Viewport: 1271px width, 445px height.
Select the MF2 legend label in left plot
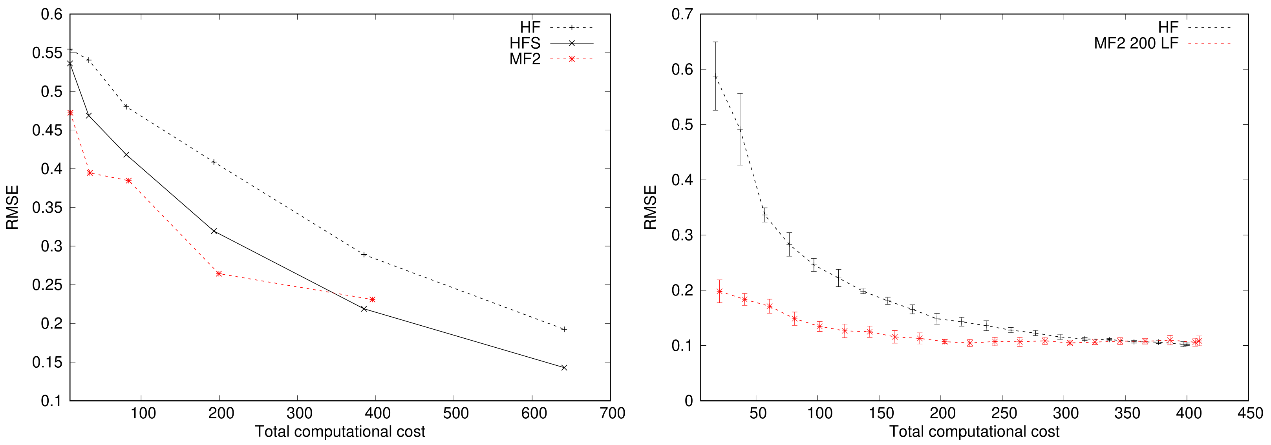tap(525, 59)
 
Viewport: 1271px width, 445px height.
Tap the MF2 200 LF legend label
tap(1136, 44)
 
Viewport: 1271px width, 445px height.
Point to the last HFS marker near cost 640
tap(564, 368)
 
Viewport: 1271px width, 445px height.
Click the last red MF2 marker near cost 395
tap(373, 299)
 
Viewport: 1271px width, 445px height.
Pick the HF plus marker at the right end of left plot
tap(564, 329)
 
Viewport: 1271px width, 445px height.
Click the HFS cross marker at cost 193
tap(214, 231)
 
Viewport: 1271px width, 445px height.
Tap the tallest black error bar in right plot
tap(715, 76)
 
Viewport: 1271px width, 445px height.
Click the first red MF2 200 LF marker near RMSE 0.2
tap(719, 292)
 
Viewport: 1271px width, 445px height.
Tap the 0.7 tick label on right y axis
tap(682, 14)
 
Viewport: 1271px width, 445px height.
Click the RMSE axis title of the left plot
tap(12, 207)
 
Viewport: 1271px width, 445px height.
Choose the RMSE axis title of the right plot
tap(650, 207)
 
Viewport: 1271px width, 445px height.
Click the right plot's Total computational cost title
tap(974, 432)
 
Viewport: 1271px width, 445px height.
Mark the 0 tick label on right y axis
tap(689, 401)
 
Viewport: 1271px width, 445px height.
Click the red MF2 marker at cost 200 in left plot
tap(219, 274)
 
